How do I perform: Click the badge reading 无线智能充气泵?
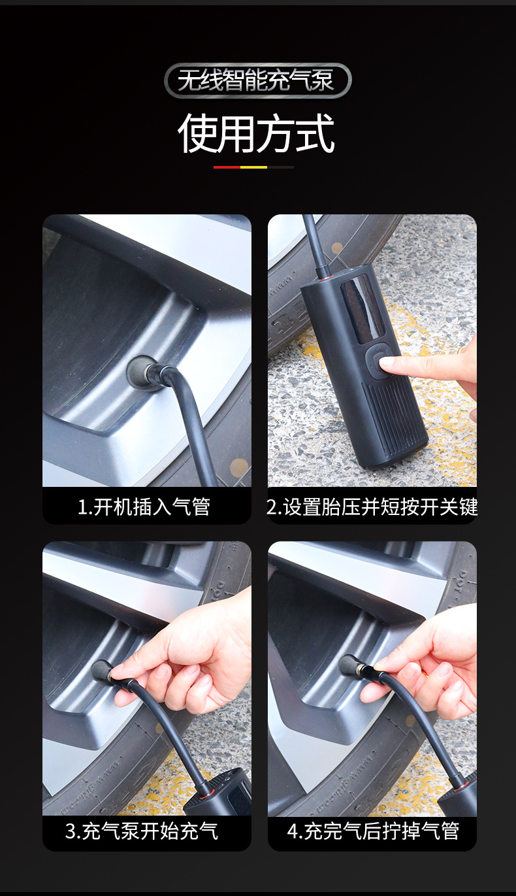(x=257, y=81)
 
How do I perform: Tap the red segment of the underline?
(x=227, y=167)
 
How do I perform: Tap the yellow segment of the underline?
(x=253, y=167)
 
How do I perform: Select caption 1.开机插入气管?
(x=144, y=506)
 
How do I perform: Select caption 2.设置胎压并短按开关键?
(x=372, y=506)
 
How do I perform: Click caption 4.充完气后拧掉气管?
(x=373, y=831)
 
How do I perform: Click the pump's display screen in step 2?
(x=363, y=307)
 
